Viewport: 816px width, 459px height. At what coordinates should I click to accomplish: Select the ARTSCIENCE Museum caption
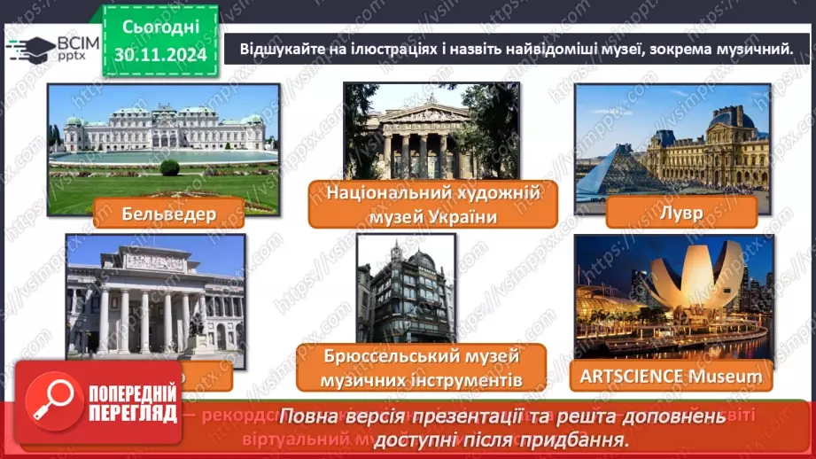point(672,376)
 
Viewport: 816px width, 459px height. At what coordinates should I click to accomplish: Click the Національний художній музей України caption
point(432,205)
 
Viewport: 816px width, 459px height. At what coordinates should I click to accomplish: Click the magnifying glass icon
point(50,395)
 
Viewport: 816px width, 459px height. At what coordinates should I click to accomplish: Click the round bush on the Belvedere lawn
point(169,167)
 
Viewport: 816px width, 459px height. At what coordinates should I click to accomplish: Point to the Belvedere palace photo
point(163,133)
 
